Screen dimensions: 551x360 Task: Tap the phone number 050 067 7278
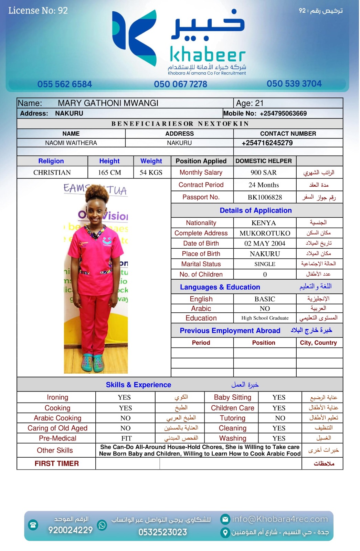coord(180,84)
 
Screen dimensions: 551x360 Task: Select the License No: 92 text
coord(38,11)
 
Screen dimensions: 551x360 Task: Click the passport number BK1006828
coord(265,197)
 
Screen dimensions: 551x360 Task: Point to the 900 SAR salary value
coord(263,173)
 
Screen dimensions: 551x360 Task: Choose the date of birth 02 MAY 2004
coord(265,243)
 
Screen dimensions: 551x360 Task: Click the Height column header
coord(109,161)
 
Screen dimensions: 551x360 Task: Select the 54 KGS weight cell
coord(151,173)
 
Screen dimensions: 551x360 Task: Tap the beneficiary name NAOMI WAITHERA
coord(71,143)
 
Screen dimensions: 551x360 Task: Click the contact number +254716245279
coord(267,143)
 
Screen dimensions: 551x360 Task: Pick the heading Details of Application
coord(256,210)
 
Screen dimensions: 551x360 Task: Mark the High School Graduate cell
coord(265,318)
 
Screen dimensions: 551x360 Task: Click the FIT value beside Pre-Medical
coord(126,438)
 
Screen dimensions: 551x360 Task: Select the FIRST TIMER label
coord(57,464)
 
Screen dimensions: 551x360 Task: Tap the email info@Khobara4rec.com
coord(279,519)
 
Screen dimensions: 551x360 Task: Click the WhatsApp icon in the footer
coord(102,525)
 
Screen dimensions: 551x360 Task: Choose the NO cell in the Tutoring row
coord(280,418)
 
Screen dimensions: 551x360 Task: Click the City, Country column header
coord(318,343)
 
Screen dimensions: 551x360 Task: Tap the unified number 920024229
coord(71,530)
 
